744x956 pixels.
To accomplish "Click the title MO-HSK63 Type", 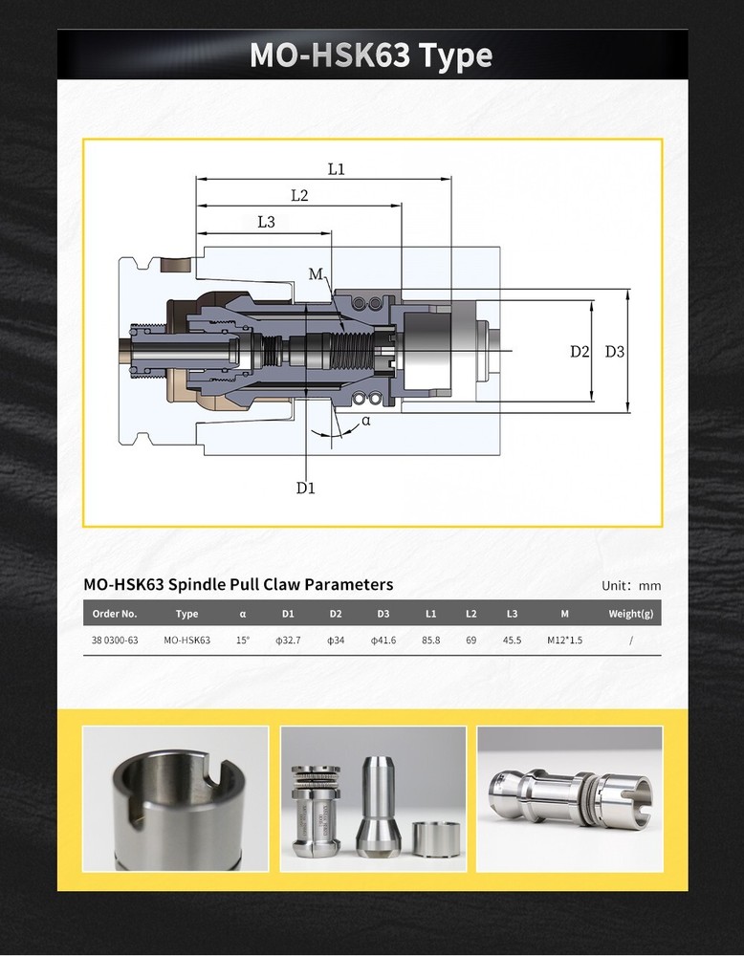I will click(x=371, y=55).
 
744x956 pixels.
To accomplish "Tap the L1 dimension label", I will click(x=336, y=169).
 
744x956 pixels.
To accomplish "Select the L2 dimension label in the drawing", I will click(x=298, y=196).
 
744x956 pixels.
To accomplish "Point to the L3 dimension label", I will click(x=266, y=222).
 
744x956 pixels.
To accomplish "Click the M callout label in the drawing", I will click(x=316, y=274).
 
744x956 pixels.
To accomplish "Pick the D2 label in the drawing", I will click(x=580, y=351).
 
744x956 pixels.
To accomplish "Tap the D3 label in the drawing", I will click(x=615, y=351).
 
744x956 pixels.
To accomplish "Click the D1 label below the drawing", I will click(x=305, y=488).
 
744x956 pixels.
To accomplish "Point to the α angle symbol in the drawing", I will click(x=366, y=421).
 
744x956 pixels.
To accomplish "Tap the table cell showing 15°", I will click(x=242, y=640).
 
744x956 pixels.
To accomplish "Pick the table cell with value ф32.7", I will click(x=288, y=640).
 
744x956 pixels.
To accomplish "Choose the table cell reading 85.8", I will click(x=430, y=640).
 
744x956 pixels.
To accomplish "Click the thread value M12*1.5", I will click(x=564, y=640).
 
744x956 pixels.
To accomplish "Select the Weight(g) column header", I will click(x=630, y=614).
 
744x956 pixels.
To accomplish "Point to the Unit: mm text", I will click(x=630, y=586).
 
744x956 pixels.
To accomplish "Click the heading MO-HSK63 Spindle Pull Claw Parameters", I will click(x=238, y=584).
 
